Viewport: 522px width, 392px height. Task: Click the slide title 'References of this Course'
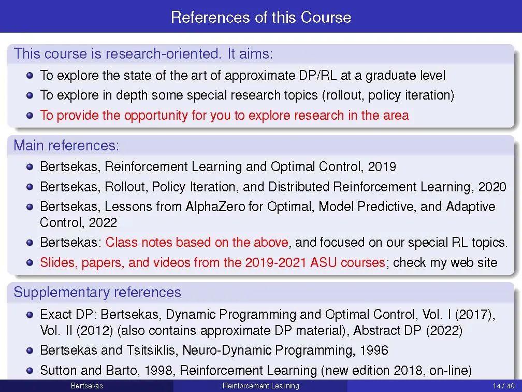(x=260, y=17)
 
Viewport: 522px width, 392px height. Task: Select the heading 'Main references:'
(x=66, y=145)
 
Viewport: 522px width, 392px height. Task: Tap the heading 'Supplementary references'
(x=97, y=292)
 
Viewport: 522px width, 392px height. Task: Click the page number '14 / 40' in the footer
(x=503, y=386)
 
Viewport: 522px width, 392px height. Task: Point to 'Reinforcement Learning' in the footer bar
(x=260, y=386)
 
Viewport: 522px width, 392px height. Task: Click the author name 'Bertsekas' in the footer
(x=86, y=386)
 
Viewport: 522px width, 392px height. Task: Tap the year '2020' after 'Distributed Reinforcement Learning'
(x=492, y=187)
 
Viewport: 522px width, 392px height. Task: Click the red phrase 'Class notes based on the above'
(x=197, y=242)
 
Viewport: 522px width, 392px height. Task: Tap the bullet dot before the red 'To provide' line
(x=30, y=115)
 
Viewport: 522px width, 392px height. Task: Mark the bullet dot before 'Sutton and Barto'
(x=30, y=370)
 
